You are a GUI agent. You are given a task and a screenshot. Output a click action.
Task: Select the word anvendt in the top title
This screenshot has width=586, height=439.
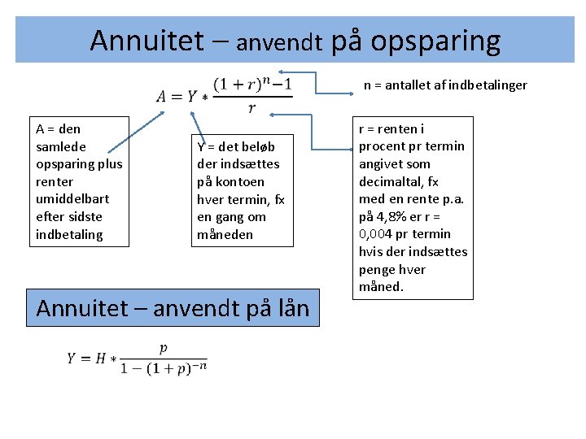(280, 42)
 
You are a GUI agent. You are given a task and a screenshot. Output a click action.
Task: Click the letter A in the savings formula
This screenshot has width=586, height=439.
(164, 97)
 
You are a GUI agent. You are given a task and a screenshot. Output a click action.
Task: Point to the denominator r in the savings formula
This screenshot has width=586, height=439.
(251, 108)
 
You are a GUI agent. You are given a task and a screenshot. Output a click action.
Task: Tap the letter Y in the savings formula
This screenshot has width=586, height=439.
(192, 97)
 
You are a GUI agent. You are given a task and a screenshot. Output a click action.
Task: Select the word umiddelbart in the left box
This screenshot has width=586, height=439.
(72, 199)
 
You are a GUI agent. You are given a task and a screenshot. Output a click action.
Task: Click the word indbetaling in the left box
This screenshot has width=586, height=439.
(69, 234)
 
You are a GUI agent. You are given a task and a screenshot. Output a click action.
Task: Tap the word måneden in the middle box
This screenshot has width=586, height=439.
(225, 235)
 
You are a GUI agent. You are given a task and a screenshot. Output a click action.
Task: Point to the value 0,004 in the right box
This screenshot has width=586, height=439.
(378, 234)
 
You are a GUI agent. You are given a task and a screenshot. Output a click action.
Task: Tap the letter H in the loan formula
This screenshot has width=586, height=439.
(101, 358)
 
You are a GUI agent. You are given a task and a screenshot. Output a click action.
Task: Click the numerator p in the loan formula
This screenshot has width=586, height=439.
(164, 348)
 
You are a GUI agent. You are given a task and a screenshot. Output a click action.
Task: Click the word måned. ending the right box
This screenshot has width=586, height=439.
(381, 287)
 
